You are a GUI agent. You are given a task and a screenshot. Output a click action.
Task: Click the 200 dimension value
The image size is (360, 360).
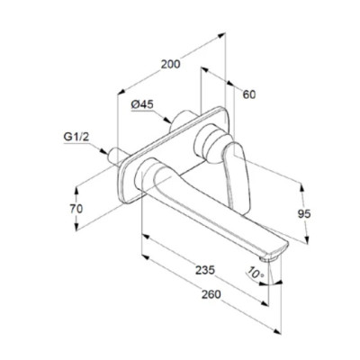click(171, 64)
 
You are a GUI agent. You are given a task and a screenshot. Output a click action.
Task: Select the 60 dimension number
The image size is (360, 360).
click(249, 94)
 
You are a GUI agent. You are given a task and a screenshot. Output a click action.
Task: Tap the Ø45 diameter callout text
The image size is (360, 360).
click(142, 104)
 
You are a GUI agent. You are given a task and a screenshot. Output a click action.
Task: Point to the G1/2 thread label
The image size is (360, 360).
click(76, 137)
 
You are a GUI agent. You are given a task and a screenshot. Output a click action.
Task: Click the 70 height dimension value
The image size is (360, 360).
click(76, 209)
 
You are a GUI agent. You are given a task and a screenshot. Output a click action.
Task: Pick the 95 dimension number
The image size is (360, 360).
click(304, 214)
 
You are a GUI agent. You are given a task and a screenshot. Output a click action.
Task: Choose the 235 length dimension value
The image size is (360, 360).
click(205, 270)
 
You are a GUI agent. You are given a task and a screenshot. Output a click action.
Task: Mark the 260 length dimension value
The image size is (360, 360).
click(211, 294)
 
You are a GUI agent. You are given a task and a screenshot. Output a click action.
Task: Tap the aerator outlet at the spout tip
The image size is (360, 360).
click(269, 258)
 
